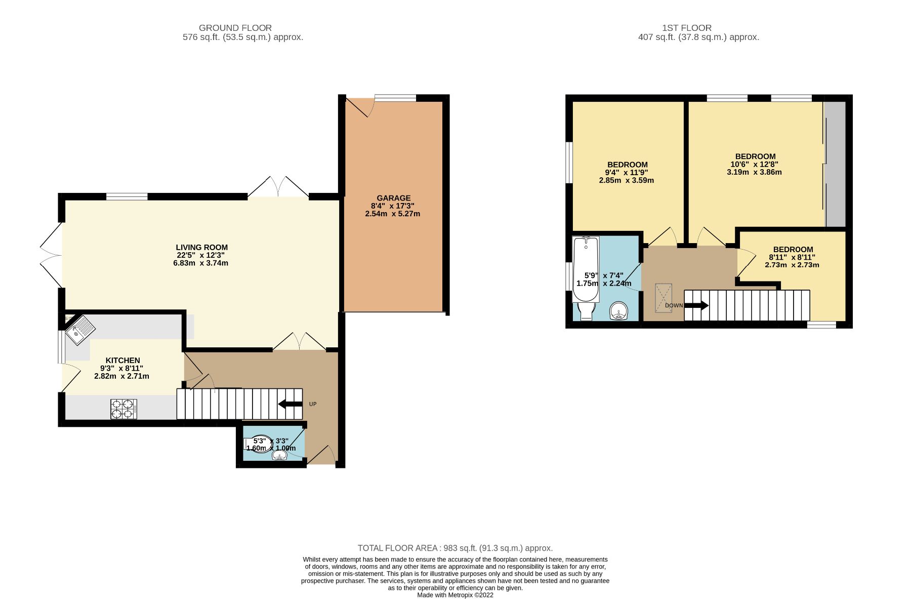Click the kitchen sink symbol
[80, 329]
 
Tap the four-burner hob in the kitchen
[124, 409]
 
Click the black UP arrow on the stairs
[290, 404]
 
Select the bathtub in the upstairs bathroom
[586, 269]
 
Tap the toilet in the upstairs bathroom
[586, 310]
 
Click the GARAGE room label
[394, 198]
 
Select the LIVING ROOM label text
[202, 248]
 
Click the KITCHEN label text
[123, 361]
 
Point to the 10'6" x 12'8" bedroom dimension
[754, 164]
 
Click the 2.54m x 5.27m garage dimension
[393, 214]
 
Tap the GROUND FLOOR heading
[235, 28]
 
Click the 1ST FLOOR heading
[687, 28]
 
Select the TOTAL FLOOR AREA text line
[455, 548]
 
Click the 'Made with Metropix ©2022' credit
[455, 595]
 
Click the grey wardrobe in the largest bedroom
[835, 164]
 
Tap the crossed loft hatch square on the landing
[664, 298]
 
